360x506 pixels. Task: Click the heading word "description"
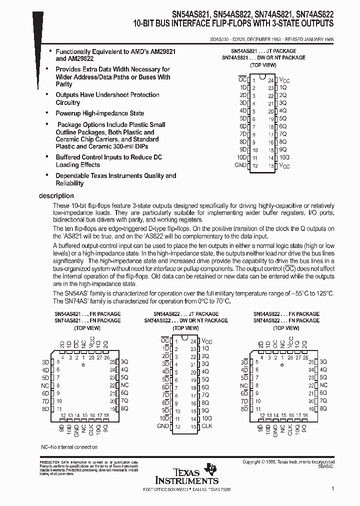pyautogui.click(x=56, y=196)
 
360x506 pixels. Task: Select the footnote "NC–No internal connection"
pyautogui.click(x=69, y=447)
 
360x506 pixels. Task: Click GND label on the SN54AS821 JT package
pyautogui.click(x=240, y=165)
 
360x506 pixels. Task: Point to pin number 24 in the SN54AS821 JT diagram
pyautogui.click(x=270, y=80)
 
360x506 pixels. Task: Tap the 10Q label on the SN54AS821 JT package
pyautogui.click(x=283, y=157)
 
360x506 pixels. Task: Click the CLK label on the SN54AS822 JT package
pyautogui.click(x=206, y=426)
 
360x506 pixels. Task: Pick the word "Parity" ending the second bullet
pyautogui.click(x=64, y=84)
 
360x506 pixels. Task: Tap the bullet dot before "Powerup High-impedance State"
pyautogui.click(x=47, y=113)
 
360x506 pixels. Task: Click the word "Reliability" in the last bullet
pyautogui.click(x=69, y=183)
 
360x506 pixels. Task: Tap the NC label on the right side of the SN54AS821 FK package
pyautogui.click(x=124, y=385)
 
